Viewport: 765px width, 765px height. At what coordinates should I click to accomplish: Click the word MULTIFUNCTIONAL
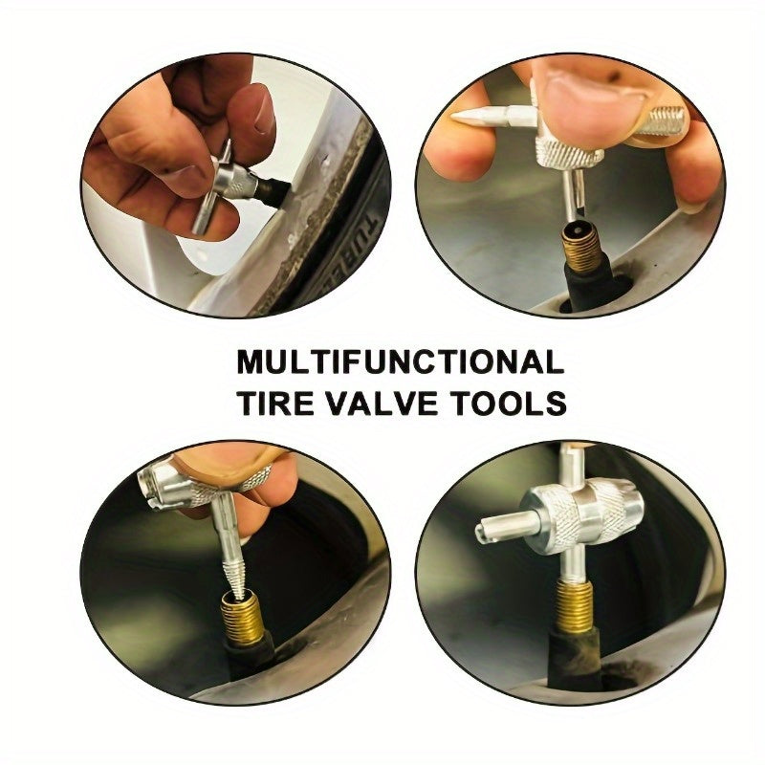tap(400, 362)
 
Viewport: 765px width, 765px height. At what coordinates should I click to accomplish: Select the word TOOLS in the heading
tap(513, 403)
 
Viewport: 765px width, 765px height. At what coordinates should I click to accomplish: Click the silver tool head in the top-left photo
tap(238, 182)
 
